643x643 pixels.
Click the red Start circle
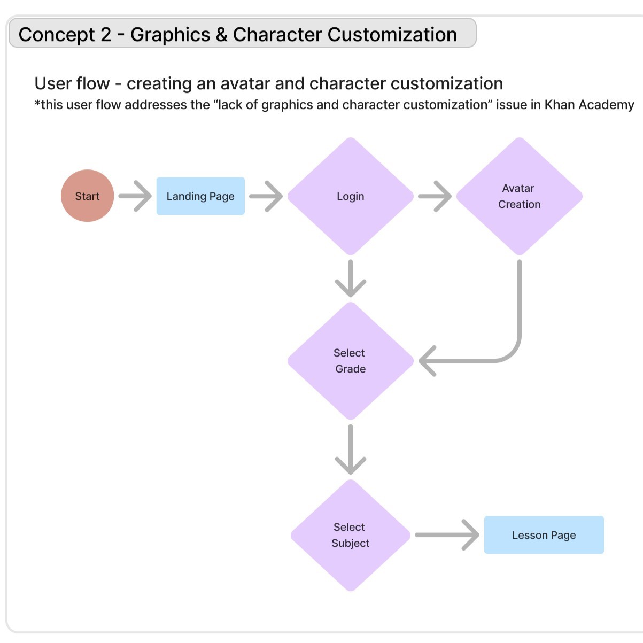coord(87,196)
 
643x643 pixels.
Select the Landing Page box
coord(200,196)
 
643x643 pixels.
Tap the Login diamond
coord(351,196)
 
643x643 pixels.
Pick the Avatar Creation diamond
coord(519,196)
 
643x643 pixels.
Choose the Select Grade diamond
coord(351,361)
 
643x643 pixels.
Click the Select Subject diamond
coord(351,535)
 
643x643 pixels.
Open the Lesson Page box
coord(544,535)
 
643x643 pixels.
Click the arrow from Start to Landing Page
coord(135,196)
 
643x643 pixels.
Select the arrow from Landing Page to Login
coord(266,196)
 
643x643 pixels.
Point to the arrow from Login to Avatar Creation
coord(435,196)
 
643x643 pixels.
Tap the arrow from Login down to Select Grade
coord(351,278)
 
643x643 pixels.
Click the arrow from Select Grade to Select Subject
coord(351,449)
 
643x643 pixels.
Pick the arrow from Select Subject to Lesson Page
coord(447,534)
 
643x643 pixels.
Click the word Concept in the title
coord(57,35)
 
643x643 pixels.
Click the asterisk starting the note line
coord(37,103)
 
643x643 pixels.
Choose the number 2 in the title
coord(105,35)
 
